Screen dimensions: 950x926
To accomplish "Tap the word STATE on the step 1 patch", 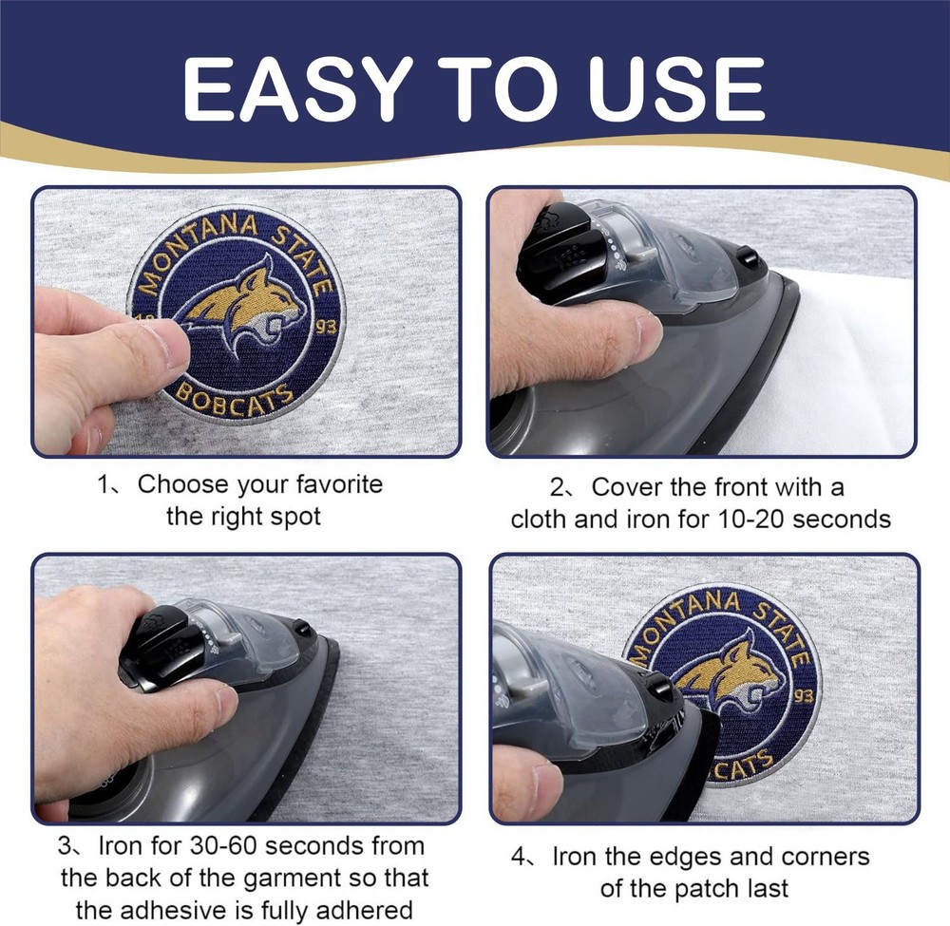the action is pos(303,260).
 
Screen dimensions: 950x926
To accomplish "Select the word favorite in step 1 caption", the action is pos(339,484).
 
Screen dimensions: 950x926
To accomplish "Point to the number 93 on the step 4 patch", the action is pos(804,696).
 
